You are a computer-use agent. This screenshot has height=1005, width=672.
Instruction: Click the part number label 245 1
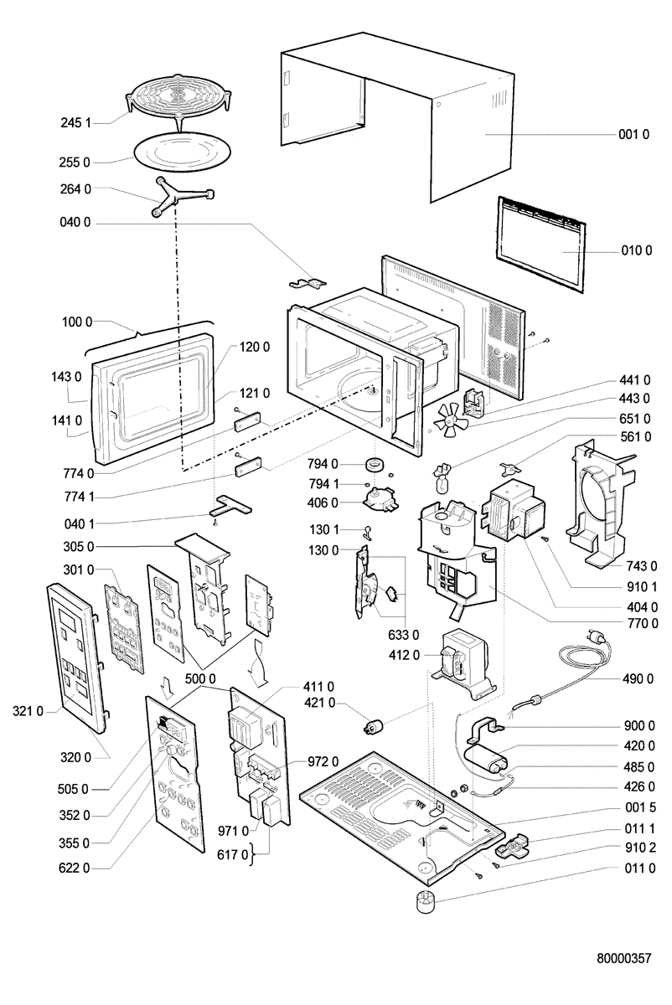(x=75, y=122)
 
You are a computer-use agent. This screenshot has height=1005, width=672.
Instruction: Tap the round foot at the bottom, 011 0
(x=426, y=904)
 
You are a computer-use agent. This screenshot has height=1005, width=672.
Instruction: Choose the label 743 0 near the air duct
(x=641, y=566)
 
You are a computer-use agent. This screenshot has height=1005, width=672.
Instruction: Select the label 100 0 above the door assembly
(x=77, y=322)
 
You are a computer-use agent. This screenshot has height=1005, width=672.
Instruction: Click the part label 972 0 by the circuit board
(x=323, y=761)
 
